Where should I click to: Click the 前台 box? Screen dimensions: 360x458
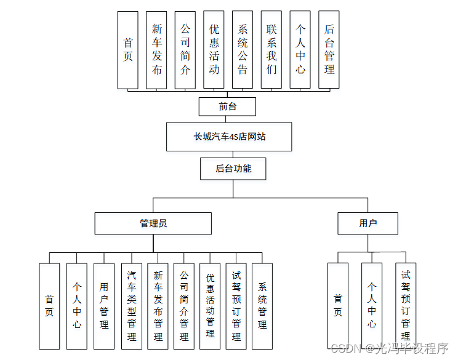pos(227,106)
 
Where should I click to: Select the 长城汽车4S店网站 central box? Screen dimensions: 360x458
pos(228,137)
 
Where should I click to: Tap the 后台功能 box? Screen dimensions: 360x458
pos(233,168)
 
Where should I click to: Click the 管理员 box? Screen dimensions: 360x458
pos(153,223)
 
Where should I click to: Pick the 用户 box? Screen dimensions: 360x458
pos(368,223)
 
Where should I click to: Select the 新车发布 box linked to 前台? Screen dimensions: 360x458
pos(157,49)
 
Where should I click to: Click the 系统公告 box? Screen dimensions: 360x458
pos(243,49)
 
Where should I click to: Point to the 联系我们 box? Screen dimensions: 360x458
pos(271,49)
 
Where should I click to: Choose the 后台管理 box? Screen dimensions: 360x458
pos(329,49)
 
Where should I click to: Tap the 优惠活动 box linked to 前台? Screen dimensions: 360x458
pos(214,49)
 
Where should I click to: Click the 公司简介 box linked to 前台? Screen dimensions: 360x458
pos(185,49)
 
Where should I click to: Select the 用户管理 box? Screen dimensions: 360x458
pos(103,306)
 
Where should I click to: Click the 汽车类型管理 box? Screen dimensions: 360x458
pos(131,306)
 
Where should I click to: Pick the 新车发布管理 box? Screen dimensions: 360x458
pos(158,306)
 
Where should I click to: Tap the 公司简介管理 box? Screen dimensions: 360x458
pos(184,306)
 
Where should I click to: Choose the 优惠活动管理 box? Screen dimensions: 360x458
pos(210,306)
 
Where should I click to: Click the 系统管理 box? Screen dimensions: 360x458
pos(262,306)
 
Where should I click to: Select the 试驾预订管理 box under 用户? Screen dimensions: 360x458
pos(406,306)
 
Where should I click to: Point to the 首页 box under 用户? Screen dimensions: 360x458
pos(337,306)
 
